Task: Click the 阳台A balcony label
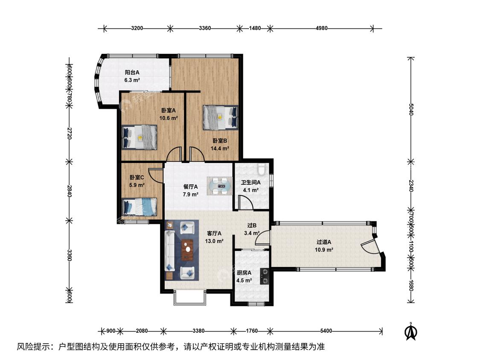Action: pos(132,73)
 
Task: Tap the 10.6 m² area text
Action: pos(169,118)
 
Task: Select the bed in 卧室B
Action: pos(221,118)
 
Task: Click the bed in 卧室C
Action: pos(140,207)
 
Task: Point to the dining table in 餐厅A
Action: pos(220,186)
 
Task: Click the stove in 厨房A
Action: pos(265,276)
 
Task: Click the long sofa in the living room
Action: pos(169,251)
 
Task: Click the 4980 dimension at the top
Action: pos(321,28)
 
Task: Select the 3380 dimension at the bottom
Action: pos(198,331)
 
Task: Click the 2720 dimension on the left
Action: pos(69,134)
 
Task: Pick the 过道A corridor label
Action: pos(324,242)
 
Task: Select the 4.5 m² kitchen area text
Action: pos(244,280)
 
